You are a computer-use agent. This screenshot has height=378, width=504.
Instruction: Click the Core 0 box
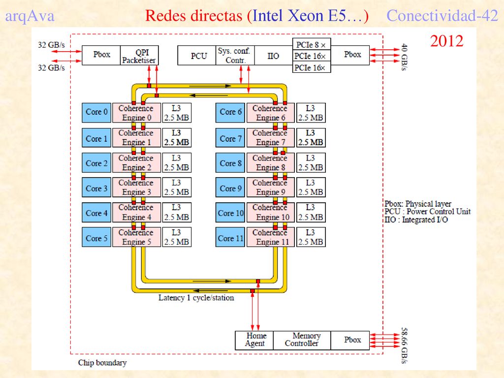[96, 113]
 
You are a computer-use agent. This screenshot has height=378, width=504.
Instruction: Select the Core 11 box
[230, 237]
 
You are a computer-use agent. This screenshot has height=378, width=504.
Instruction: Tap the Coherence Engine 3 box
[137, 188]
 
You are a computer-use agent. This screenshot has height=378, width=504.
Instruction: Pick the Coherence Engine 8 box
[271, 162]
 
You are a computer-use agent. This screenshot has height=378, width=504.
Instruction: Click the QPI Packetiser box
[139, 55]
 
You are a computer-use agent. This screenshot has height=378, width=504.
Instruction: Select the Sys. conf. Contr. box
[235, 55]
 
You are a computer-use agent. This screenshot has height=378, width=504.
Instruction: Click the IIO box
[274, 55]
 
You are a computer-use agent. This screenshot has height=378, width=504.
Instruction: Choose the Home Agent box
[254, 340]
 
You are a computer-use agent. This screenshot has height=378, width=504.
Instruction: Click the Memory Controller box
[302, 340]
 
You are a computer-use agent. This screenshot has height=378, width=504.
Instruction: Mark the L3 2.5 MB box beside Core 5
[177, 237]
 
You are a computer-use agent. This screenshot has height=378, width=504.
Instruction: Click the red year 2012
[446, 41]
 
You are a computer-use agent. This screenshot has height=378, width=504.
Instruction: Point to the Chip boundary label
[102, 363]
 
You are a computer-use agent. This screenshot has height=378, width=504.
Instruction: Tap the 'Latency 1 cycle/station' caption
[196, 298]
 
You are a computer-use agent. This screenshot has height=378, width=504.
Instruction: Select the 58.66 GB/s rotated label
[405, 345]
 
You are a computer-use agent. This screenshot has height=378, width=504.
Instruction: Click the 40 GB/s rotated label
[405, 57]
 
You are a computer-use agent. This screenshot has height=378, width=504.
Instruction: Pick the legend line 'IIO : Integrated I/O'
[416, 220]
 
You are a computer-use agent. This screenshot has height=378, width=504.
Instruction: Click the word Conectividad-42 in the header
[442, 15]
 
